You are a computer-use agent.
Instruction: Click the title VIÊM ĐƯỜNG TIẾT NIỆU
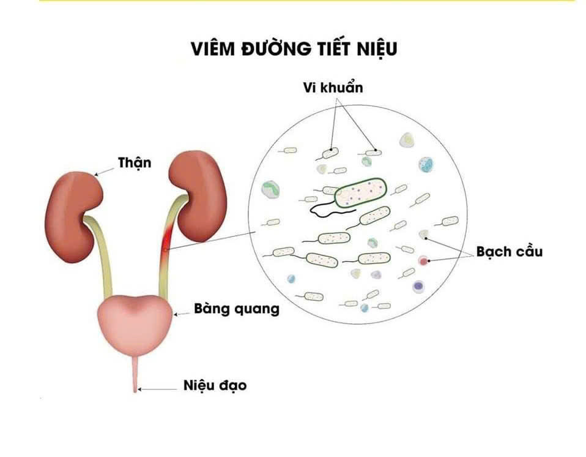tap(293, 49)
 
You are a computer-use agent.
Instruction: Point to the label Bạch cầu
tap(510, 251)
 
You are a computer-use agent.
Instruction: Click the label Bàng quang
tap(236, 309)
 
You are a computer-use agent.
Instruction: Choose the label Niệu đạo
tap(215, 386)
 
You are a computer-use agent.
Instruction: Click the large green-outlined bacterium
tap(361, 193)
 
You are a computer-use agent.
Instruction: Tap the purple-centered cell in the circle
tap(418, 285)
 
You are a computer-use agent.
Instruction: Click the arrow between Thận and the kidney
tap(106, 171)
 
